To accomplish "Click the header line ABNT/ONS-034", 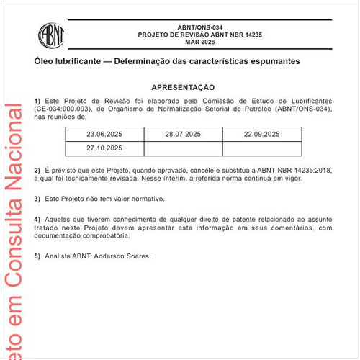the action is click(x=199, y=25).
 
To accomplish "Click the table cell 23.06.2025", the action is click(x=105, y=135).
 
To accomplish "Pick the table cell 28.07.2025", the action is click(x=182, y=135).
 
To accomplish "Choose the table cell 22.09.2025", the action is click(x=261, y=135).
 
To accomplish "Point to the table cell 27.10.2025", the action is click(x=105, y=148).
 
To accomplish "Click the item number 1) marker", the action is click(x=37, y=101).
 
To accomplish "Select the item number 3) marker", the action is click(x=37, y=198).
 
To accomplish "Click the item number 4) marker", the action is click(x=37, y=218).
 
